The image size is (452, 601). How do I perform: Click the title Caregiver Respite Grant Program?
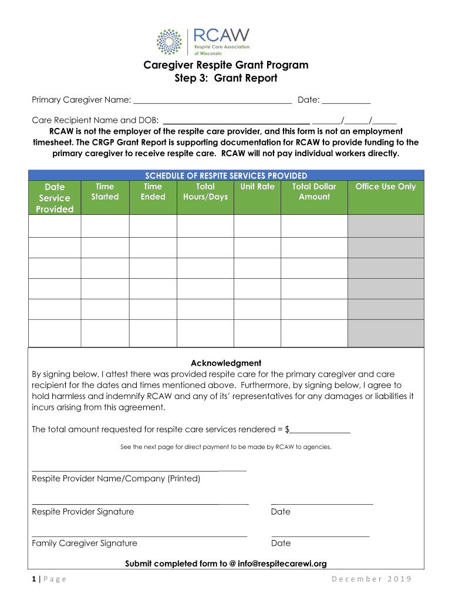click(226, 65)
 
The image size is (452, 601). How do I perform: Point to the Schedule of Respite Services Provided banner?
click(226, 175)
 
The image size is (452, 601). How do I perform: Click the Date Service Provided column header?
click(55, 198)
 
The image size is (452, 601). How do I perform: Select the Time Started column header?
click(104, 192)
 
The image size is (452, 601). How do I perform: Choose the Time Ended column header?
click(153, 192)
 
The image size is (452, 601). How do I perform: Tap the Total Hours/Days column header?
click(205, 192)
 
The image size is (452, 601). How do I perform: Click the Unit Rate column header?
click(257, 187)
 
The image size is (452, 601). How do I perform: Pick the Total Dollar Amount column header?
click(314, 192)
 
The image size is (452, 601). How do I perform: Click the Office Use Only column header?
click(386, 187)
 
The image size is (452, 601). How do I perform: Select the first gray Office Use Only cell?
click(386, 226)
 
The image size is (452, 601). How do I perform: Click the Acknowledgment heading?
click(226, 363)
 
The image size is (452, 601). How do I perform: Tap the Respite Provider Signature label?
click(83, 512)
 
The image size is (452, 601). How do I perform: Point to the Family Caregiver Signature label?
click(85, 543)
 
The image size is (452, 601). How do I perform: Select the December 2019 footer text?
click(372, 580)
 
